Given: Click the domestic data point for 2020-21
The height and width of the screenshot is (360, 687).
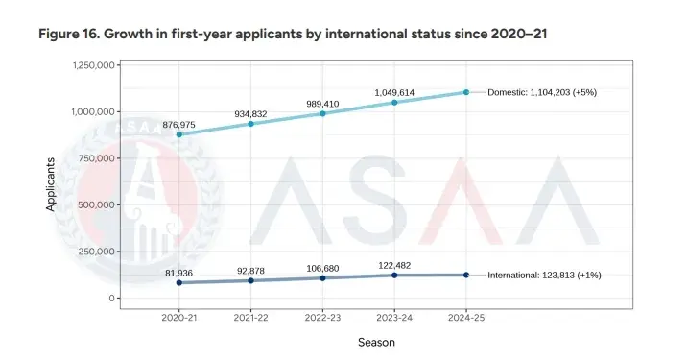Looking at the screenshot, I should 178,134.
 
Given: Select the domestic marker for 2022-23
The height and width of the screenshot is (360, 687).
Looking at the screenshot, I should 322,113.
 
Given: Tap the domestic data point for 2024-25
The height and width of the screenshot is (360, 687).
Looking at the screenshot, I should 466,92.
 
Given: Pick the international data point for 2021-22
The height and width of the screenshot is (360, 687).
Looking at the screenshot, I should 250,280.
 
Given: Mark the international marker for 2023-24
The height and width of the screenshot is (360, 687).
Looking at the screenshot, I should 394,276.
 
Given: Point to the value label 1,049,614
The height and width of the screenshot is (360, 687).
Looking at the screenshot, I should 394,92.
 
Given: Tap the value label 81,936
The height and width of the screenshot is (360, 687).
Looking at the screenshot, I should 179,273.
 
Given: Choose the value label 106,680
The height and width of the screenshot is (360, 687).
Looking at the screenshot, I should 322,267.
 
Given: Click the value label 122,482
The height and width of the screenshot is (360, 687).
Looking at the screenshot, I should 394,264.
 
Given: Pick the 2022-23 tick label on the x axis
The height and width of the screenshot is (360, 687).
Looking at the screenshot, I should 322,316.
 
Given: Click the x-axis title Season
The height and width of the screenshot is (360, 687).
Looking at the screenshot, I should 376,342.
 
